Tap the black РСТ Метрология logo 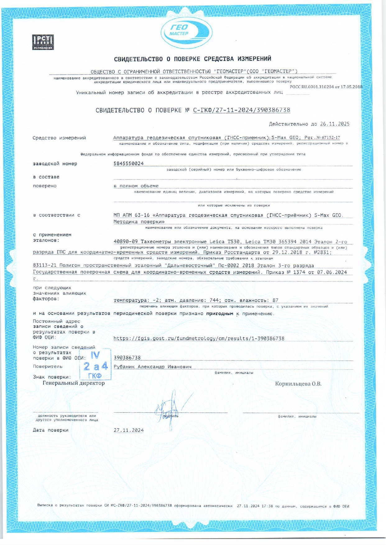[43, 42]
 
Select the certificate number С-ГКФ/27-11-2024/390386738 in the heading [241, 110]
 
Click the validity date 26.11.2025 [334, 124]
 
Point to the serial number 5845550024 [129, 164]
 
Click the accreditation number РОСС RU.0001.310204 [312, 87]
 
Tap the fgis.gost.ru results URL [199, 338]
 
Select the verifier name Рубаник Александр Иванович [152, 367]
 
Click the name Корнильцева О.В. [298, 384]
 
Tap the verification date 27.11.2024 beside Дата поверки [129, 430]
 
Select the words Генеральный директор [74, 383]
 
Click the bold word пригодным [219, 314]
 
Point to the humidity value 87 [275, 300]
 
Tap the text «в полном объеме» [136, 186]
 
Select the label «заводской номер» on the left [55, 164]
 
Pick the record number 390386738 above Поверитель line [127, 358]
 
